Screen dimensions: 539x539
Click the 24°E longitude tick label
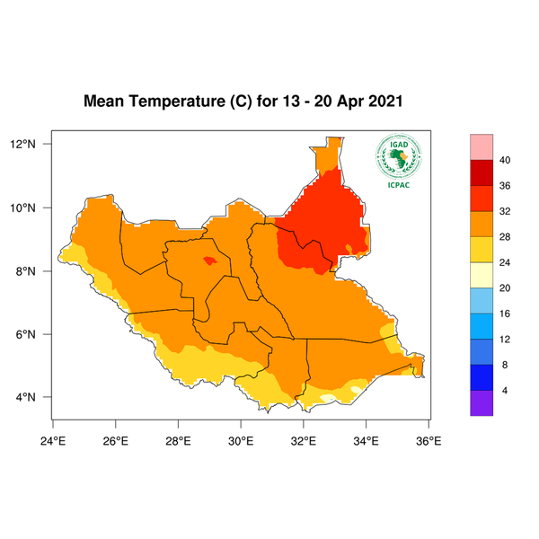[53, 440]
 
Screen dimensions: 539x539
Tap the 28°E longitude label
[178, 440]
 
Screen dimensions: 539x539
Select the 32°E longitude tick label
[303, 440]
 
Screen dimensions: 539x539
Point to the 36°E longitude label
[429, 440]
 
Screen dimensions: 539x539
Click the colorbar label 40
[505, 160]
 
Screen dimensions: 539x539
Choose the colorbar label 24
[505, 263]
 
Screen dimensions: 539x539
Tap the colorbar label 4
[505, 392]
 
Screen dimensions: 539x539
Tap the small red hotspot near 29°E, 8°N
[209, 261]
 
